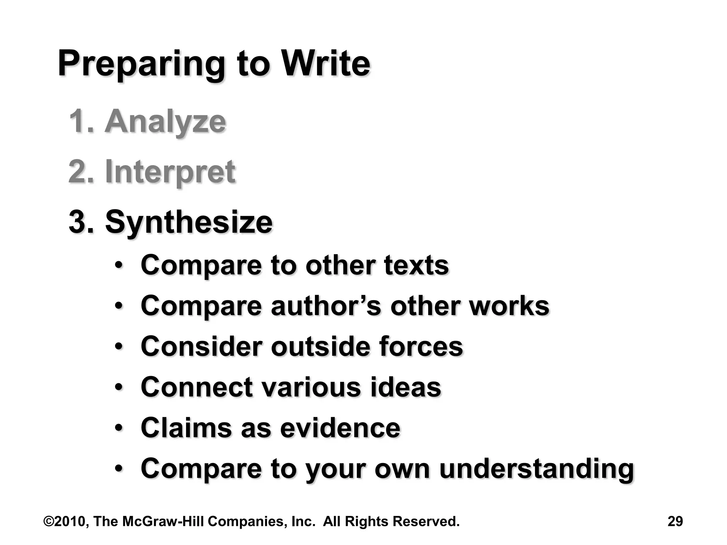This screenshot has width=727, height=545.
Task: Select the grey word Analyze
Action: pyautogui.click(x=165, y=122)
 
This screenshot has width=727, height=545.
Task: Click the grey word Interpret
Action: pyautogui.click(x=170, y=172)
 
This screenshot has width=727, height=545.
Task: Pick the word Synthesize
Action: pyautogui.click(x=189, y=222)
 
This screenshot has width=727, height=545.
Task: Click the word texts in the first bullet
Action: pyautogui.click(x=416, y=265)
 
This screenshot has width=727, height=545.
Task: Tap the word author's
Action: pyautogui.click(x=326, y=306)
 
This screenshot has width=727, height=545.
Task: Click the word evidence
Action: pyautogui.click(x=340, y=428)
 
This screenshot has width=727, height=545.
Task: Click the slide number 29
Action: pyautogui.click(x=675, y=521)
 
